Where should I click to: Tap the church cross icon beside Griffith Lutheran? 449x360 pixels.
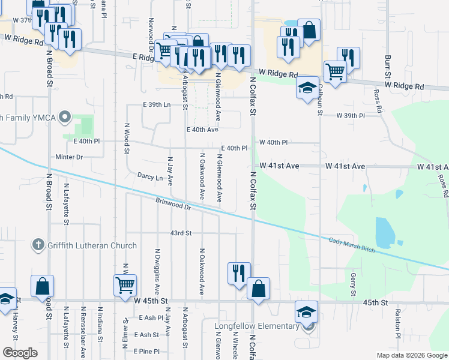tap(37, 244)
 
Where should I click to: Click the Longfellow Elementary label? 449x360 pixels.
tap(258, 326)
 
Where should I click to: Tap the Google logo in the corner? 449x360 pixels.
tap(20, 353)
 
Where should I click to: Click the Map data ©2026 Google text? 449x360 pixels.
tap(412, 355)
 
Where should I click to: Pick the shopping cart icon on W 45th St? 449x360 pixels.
tap(125, 285)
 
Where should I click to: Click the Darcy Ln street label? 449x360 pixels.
tap(150, 178)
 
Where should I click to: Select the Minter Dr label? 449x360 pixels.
tap(68, 157)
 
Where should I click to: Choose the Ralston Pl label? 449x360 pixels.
tap(398, 322)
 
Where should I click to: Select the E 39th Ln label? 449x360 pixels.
tap(157, 104)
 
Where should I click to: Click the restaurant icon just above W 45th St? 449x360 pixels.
tap(238, 273)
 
